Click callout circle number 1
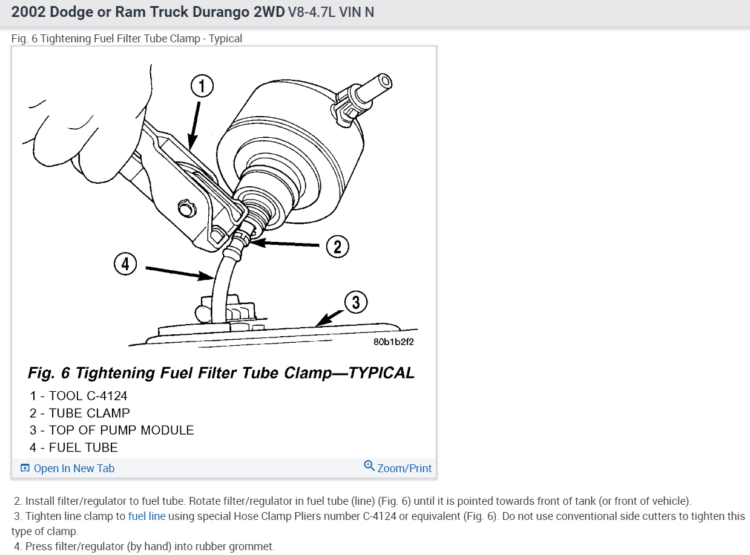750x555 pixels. click(x=202, y=87)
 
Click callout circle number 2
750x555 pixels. click(x=338, y=246)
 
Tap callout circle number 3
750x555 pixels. click(x=356, y=302)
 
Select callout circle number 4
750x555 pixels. click(x=125, y=264)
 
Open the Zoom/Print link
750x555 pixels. click(x=404, y=469)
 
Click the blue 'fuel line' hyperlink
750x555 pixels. click(x=146, y=516)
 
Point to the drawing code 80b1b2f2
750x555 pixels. click(x=393, y=342)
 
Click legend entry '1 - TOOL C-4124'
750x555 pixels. click(x=79, y=396)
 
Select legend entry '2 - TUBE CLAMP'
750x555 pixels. click(x=80, y=414)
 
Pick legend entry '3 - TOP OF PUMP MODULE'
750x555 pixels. click(x=112, y=430)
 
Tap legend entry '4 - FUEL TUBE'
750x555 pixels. click(x=74, y=448)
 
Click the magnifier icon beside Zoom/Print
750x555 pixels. click(x=369, y=466)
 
